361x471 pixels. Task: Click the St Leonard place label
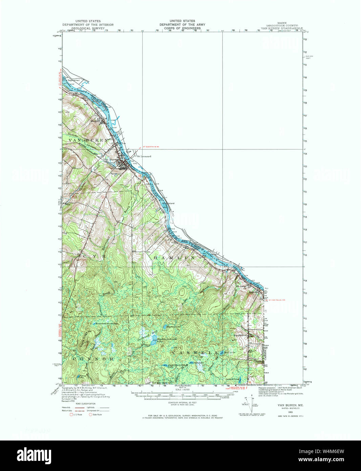coord(144,156)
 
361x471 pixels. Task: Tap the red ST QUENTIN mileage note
coord(151,147)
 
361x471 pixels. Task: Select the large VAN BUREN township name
coord(88,140)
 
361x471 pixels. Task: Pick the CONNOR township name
coord(92,359)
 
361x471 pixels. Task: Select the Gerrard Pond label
coord(233,378)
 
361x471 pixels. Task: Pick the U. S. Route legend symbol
coord(71,414)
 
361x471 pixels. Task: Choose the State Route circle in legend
coord(90,414)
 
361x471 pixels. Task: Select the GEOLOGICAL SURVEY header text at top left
coord(88,28)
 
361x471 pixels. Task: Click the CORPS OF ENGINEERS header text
coord(182,28)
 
